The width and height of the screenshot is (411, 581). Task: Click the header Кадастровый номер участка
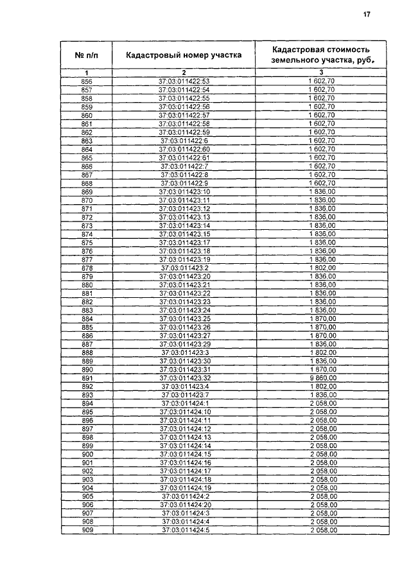point(184,55)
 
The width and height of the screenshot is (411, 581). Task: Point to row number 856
point(87,82)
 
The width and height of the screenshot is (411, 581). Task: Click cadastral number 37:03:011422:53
point(184,82)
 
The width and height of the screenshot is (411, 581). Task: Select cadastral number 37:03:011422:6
point(184,141)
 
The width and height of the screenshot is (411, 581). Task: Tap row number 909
point(87,530)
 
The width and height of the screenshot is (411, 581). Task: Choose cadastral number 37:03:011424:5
point(184,530)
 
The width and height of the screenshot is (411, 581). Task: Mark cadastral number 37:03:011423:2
point(184,268)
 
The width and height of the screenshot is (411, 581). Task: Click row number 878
point(87,268)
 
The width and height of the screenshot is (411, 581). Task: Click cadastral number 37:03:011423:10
point(184,192)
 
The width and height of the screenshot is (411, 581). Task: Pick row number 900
point(87,454)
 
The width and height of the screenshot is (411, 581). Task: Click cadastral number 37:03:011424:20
point(184,505)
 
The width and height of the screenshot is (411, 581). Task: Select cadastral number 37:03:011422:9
point(184,183)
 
